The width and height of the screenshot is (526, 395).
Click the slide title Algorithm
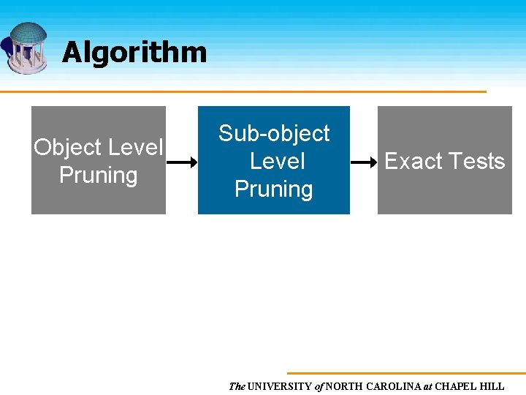click(134, 53)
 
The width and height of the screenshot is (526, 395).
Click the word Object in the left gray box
click(67, 148)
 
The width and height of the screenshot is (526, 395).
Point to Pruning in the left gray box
click(98, 176)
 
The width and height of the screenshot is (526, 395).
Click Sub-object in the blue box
click(274, 134)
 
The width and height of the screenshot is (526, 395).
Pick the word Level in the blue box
click(277, 161)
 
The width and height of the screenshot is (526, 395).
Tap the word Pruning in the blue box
click(274, 189)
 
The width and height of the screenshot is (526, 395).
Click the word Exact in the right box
click(411, 162)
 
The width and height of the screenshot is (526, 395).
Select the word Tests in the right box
click(476, 162)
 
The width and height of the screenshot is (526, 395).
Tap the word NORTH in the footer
click(347, 386)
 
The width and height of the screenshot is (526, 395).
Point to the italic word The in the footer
click(237, 386)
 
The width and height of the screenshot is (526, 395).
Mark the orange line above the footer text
click(405, 373)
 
